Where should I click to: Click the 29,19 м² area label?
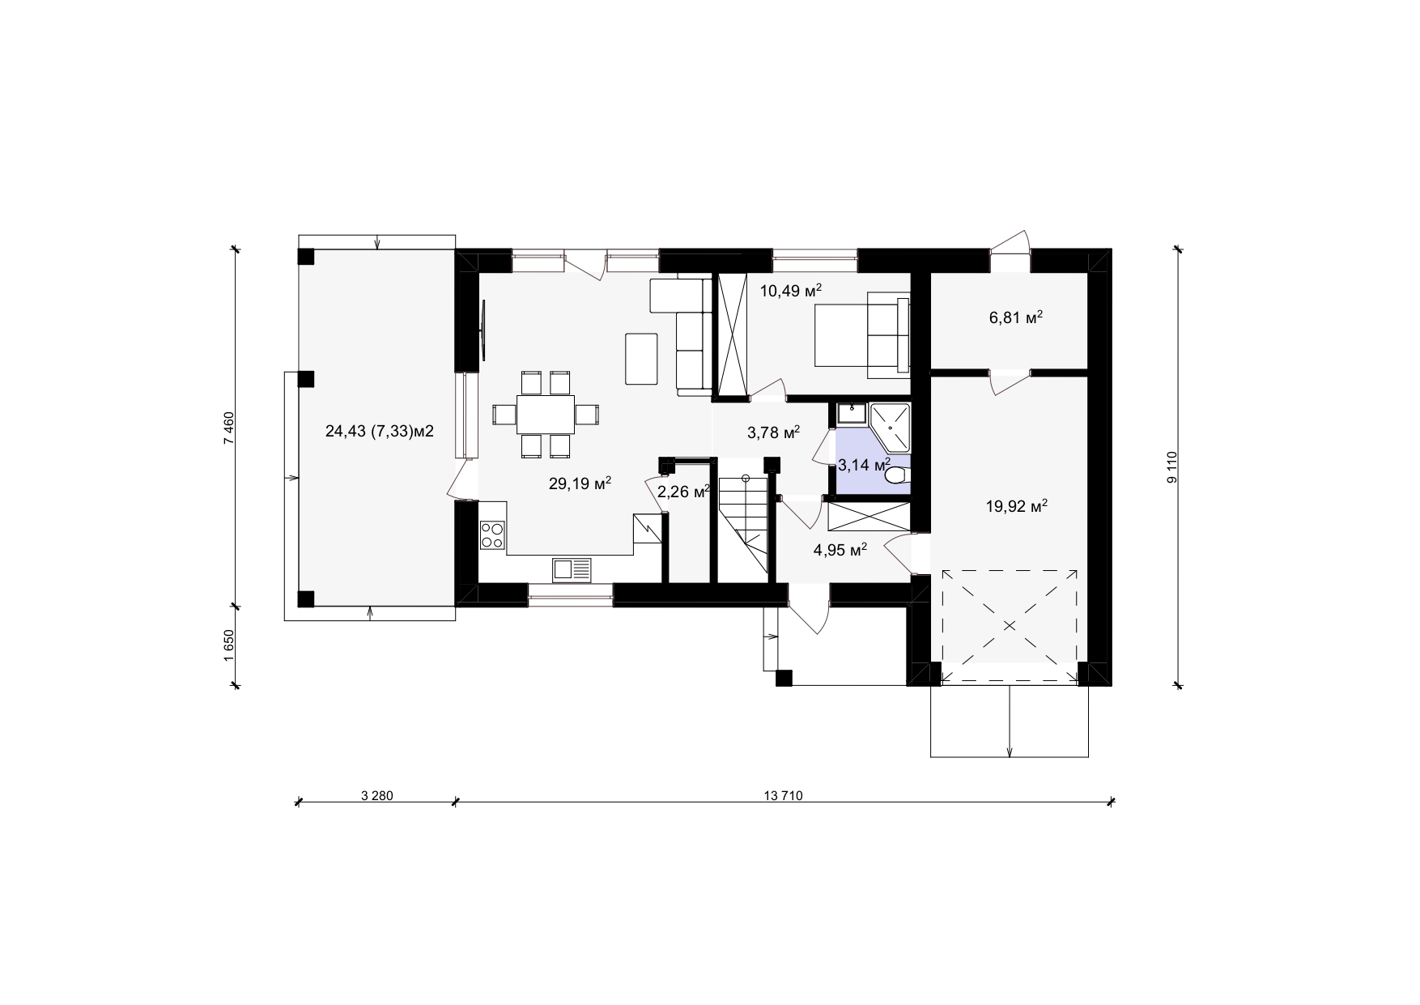coord(580,484)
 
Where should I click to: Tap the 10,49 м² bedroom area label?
coord(791,290)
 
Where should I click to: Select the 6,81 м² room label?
coord(1015,317)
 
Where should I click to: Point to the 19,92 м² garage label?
coord(1017,507)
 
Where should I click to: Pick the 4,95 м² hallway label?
coord(840,551)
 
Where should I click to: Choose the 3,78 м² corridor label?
coord(773,432)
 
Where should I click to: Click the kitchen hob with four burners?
coord(492,534)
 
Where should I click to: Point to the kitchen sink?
coord(572,569)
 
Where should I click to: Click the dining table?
coord(546,415)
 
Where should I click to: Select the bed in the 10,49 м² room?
coord(861,334)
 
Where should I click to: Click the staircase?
coord(742,526)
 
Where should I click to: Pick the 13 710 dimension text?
coord(782,795)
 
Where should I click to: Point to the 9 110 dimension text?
coord(1171,468)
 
